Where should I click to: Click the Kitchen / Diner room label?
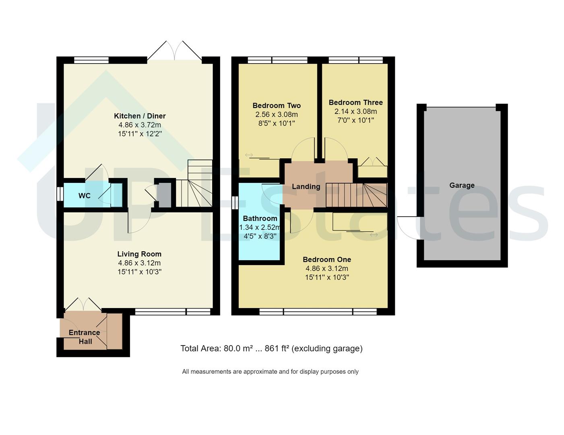140,116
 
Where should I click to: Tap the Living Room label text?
139,254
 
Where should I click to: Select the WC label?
84,196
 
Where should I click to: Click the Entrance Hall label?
85,337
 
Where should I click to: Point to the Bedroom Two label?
277,106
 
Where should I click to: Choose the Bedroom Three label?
355,102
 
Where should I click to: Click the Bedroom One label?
326,259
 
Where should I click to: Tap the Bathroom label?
260,218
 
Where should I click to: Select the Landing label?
306,186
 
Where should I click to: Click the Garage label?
462,185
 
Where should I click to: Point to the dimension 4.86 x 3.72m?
140,125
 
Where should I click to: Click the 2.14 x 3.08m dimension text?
355,111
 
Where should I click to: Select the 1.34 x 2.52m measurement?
260,228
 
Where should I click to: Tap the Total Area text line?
271,348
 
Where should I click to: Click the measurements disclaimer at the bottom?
270,372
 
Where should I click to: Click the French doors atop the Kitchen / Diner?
174,52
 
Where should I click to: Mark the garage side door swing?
407,228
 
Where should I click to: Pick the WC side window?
60,194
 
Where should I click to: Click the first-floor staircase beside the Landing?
356,195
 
